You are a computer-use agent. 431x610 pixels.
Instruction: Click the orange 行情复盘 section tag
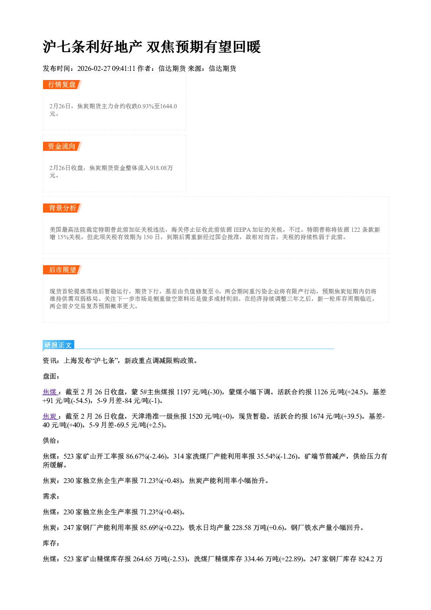[x=62, y=84]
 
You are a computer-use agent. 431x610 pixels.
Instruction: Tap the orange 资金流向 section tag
[x=62, y=146]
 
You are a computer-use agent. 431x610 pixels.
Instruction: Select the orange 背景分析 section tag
[x=62, y=208]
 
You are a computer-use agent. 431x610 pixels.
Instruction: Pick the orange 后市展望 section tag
[x=62, y=270]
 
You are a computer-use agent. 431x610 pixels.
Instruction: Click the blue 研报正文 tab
[x=58, y=345]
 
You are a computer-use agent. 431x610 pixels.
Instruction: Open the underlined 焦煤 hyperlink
[x=50, y=392]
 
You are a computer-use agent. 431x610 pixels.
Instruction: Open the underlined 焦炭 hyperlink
[x=50, y=417]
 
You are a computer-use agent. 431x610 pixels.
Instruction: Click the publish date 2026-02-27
[x=94, y=68]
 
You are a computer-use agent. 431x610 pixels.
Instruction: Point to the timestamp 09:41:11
[x=123, y=68]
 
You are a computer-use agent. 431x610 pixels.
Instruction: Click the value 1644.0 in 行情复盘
[x=168, y=106]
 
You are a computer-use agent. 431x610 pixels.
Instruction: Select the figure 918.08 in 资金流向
[x=158, y=168]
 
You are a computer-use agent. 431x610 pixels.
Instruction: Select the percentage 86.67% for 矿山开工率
[x=137, y=457]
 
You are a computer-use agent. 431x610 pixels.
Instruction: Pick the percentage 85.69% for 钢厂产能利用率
[x=151, y=528]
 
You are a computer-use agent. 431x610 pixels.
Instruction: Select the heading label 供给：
[x=51, y=440]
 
